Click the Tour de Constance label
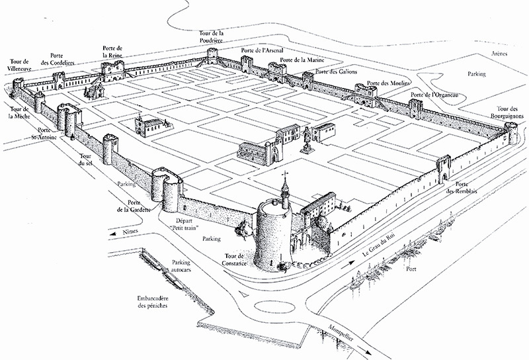pyautogui.click(x=235, y=260)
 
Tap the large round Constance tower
pyautogui.click(x=273, y=235)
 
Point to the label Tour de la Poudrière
pyautogui.click(x=213, y=38)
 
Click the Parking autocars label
pyautogui.click(x=181, y=267)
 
